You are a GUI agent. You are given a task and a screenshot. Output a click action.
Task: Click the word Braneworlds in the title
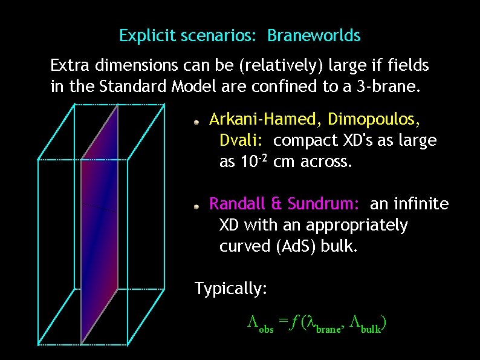[x=314, y=36]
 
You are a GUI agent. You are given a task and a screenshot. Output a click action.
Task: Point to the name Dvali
[x=240, y=141]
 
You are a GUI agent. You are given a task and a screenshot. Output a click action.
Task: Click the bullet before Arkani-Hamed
[x=196, y=122]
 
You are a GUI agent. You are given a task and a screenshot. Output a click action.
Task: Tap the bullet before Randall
[x=196, y=206]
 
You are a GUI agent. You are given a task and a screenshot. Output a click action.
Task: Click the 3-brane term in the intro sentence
[x=387, y=87]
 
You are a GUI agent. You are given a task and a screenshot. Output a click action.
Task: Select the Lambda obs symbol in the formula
[x=260, y=327]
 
